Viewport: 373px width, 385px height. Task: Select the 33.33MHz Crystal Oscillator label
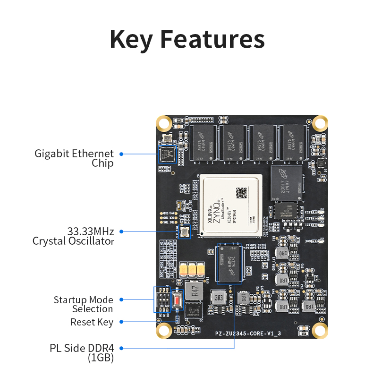[74, 236]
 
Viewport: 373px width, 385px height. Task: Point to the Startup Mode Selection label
[84, 304]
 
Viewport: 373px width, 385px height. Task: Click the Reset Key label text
[92, 322]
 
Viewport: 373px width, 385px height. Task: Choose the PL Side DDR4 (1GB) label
[82, 353]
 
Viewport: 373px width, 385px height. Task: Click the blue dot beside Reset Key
[121, 322]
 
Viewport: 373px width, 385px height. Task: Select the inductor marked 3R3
[219, 299]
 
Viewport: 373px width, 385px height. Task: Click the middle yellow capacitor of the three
[192, 270]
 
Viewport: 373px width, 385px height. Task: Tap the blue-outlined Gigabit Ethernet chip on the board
[168, 154]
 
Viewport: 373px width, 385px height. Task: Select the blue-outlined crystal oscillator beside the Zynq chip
[184, 232]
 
